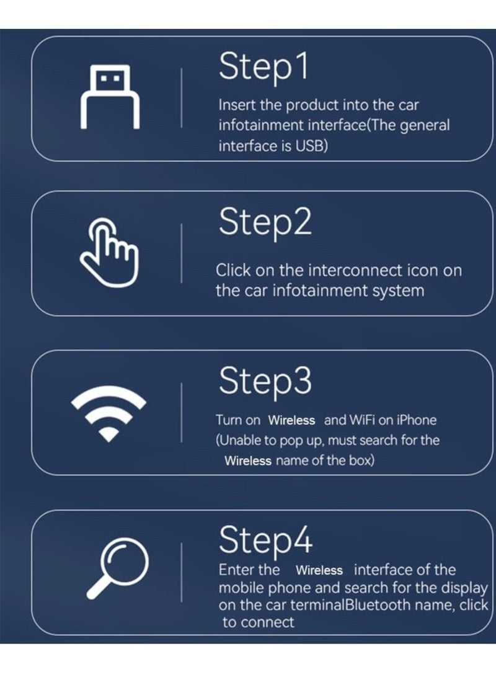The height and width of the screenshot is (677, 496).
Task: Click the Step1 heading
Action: pos(263,67)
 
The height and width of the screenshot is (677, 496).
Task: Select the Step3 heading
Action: pos(265,380)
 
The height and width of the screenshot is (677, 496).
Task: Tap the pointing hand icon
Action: pos(108,255)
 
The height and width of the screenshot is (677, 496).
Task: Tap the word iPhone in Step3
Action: pos(416,420)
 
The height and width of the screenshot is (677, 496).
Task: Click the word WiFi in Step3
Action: pos(361,420)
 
